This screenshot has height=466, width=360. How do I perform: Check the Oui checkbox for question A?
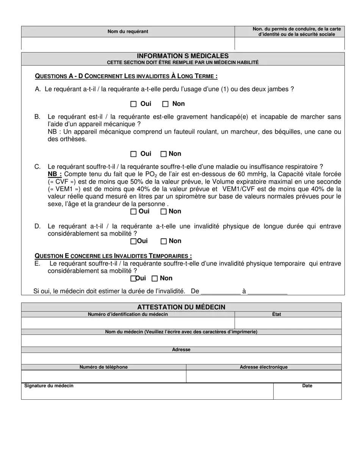[x=133, y=104]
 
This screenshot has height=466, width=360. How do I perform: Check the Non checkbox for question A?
[x=165, y=104]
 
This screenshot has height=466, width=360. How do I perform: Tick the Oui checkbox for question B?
[x=133, y=154]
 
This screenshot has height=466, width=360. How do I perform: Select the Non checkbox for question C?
[x=164, y=212]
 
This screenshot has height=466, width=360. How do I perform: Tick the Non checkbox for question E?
[x=155, y=279]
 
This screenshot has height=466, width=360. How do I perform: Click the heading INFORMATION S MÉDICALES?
[x=183, y=56]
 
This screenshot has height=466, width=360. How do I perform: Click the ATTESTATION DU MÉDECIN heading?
[x=181, y=307]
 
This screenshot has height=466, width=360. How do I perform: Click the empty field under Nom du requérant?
[x=128, y=43]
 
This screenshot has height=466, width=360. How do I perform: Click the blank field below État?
[x=288, y=323]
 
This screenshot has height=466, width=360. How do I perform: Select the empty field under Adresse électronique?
[x=264, y=376]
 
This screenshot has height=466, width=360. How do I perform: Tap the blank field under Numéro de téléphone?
[x=103, y=376]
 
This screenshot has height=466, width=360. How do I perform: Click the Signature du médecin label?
[x=49, y=386]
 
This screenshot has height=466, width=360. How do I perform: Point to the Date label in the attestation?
[x=307, y=386]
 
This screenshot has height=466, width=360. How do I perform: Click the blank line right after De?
[x=220, y=292]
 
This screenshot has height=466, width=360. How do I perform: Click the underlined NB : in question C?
[x=55, y=174]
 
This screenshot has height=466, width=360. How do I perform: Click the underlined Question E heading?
[x=113, y=256]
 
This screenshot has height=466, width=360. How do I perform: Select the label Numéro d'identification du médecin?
[x=128, y=314]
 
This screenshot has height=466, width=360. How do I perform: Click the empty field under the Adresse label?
[x=181, y=358]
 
